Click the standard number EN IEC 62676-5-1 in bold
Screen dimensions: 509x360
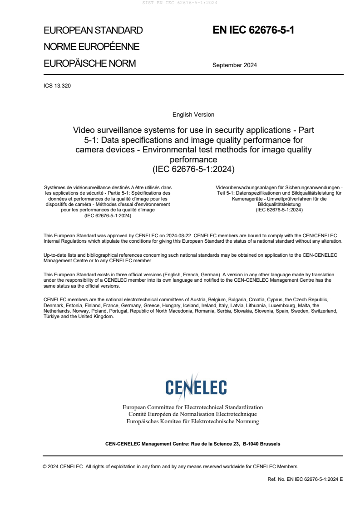(253, 30)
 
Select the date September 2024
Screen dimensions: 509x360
(234, 65)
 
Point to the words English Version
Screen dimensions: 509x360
(193, 115)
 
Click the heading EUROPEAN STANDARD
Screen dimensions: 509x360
(93, 30)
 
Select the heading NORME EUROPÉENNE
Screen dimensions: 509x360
(91, 47)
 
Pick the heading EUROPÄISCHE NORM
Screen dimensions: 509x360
(89, 64)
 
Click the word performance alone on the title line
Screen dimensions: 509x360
(193, 160)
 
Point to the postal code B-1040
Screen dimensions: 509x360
(252, 444)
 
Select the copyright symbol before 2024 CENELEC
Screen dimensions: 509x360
(45, 466)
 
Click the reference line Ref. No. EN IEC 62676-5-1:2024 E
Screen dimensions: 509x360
(305, 479)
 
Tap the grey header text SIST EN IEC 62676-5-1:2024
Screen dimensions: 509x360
(180, 3)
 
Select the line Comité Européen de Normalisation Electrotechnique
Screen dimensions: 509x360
(192, 414)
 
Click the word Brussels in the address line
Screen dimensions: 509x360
(271, 444)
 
